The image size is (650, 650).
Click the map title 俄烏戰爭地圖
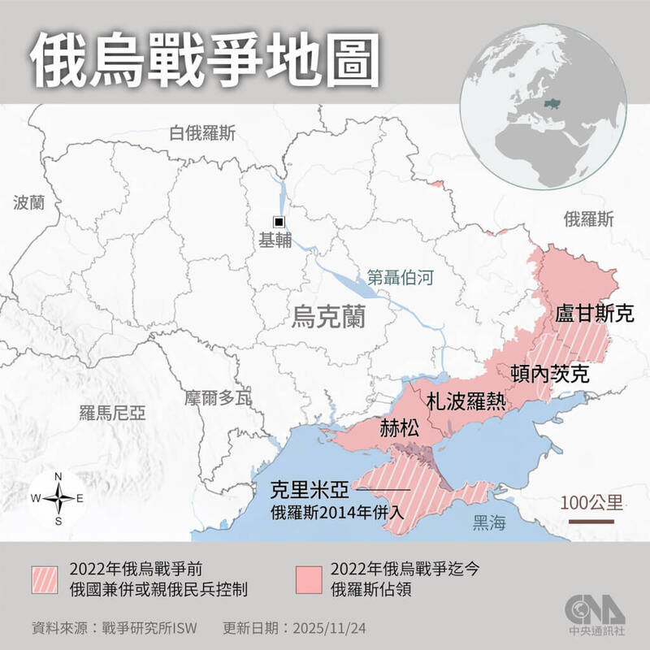point(206,59)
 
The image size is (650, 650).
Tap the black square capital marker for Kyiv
point(279,222)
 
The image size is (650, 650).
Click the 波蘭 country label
point(30,202)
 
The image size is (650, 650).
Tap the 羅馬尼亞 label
point(112,413)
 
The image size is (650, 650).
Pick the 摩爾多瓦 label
point(218,398)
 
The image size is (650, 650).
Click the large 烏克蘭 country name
point(328,316)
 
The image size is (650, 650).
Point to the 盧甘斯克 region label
point(594,314)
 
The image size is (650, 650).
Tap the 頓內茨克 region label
point(549,372)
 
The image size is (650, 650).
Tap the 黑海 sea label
point(489,523)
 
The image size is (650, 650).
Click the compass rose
point(58,498)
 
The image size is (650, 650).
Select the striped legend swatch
point(46,580)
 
